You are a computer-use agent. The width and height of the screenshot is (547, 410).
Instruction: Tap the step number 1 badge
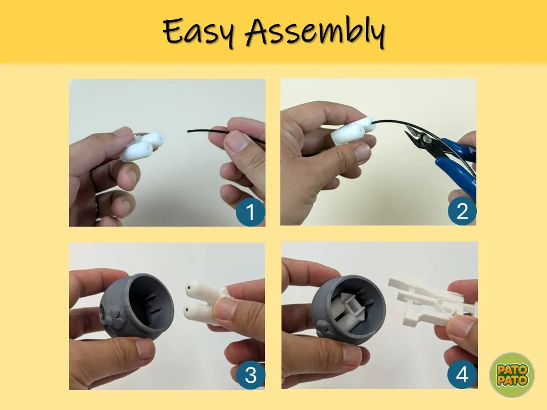pyautogui.click(x=251, y=212)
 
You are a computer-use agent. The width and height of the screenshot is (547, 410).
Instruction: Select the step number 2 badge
pyautogui.click(x=462, y=211)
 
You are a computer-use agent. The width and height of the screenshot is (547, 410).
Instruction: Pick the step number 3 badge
pyautogui.click(x=251, y=375)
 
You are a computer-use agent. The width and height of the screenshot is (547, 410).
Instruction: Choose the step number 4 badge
pyautogui.click(x=462, y=375)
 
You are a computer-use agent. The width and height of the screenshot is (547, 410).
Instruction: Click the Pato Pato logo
pyautogui.click(x=512, y=375)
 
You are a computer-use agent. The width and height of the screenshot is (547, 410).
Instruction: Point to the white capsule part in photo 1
pyautogui.click(x=142, y=146)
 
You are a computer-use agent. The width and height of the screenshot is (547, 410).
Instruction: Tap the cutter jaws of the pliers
pyautogui.click(x=412, y=136)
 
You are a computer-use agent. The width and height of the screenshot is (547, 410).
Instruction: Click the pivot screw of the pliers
pyautogui.click(x=426, y=139)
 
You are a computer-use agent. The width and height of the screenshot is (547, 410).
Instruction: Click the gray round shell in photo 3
pyautogui.click(x=137, y=306)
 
